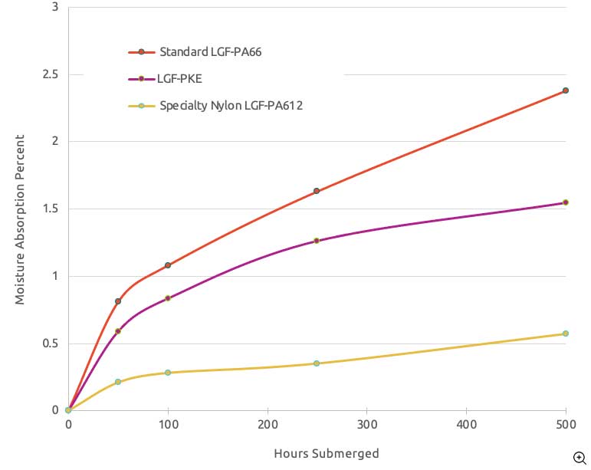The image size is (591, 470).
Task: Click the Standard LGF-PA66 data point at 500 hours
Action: pyautogui.click(x=566, y=90)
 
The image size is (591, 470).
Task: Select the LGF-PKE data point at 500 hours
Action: pyautogui.click(x=566, y=202)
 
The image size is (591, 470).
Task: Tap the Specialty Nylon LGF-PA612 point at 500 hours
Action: pyautogui.click(x=566, y=334)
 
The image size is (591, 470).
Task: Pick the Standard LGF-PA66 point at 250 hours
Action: pyautogui.click(x=317, y=191)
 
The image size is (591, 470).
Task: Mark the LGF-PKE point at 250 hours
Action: pyautogui.click(x=317, y=241)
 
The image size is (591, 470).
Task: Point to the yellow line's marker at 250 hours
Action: pyautogui.click(x=317, y=363)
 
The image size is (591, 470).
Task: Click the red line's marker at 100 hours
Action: pyautogui.click(x=168, y=265)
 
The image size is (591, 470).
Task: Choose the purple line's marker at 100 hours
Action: pyautogui.click(x=168, y=298)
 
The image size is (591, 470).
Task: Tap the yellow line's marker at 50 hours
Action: pyautogui.click(x=118, y=382)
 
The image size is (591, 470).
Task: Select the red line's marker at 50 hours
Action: pyautogui.click(x=118, y=301)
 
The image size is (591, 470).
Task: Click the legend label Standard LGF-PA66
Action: pyautogui.click(x=206, y=52)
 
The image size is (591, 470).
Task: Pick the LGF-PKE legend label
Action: pyautogui.click(x=181, y=79)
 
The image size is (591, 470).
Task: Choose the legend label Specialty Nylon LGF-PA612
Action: pyautogui.click(x=231, y=106)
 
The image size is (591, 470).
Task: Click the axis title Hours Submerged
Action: pyautogui.click(x=327, y=453)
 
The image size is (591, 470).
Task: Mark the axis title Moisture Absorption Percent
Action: pyautogui.click(x=20, y=219)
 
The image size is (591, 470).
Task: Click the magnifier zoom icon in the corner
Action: pyautogui.click(x=580, y=458)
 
